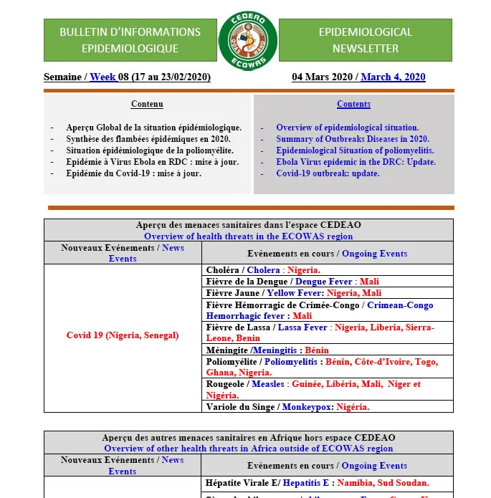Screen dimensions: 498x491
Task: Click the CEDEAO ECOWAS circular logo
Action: pos(247,40)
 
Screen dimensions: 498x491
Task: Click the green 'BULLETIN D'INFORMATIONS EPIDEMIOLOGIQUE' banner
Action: pos(130,40)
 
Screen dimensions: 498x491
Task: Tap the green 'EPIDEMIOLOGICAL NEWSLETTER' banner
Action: pos(365,40)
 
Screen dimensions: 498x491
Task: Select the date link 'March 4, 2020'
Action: pos(393,77)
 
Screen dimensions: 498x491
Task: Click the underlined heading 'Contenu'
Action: pos(147,105)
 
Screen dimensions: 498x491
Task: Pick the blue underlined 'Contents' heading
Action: pos(353,105)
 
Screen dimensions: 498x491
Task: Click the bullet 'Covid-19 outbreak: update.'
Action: pos(328,173)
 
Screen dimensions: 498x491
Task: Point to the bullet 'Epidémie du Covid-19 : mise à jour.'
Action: pos(133,173)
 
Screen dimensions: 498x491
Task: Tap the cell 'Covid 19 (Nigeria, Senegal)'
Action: pos(123,335)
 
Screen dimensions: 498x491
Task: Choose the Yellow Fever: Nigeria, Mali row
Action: pos(294,293)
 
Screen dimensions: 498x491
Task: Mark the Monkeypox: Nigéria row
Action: pos(287,407)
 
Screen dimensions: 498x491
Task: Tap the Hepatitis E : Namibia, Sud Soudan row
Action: pos(317,483)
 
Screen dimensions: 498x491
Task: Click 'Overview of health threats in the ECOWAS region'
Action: pos(248,236)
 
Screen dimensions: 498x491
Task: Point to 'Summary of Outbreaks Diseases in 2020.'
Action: pos(353,139)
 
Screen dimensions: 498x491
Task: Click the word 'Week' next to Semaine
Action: pos(103,77)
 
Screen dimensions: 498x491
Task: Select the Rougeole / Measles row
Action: pos(313,390)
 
